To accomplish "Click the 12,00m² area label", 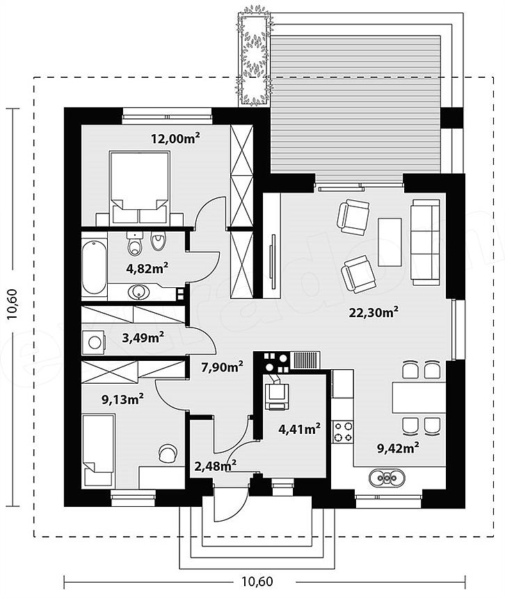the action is point(175,138).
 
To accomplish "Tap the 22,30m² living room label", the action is point(374,312).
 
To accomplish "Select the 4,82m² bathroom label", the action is point(147,268).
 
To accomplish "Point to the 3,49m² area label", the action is point(143,337).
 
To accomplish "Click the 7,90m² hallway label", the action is point(223,367).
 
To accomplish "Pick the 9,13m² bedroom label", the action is point(122,399).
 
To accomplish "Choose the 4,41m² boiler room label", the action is point(299,429).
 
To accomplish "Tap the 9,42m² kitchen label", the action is point(398,448).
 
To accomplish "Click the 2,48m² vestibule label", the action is point(215,466).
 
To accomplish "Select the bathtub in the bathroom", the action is point(94,266).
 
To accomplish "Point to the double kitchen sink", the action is point(387,478).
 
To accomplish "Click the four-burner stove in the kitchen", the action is point(342,431).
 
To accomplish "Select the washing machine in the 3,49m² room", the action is point(94,341).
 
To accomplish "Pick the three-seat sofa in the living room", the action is point(425,245).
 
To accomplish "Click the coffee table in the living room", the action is point(390,242).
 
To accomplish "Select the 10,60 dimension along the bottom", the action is point(257,581).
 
